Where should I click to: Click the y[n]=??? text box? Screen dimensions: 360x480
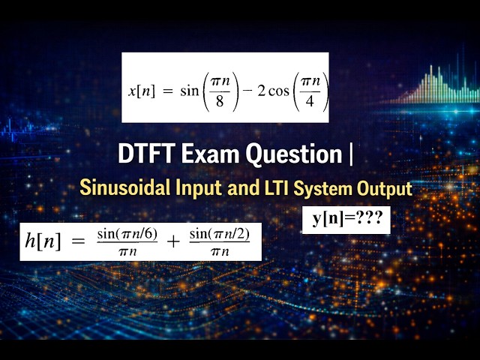(346, 219)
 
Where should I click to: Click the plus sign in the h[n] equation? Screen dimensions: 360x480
(172, 241)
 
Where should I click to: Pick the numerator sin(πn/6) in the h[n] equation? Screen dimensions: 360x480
(127, 234)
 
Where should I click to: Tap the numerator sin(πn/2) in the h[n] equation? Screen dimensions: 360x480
(219, 234)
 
